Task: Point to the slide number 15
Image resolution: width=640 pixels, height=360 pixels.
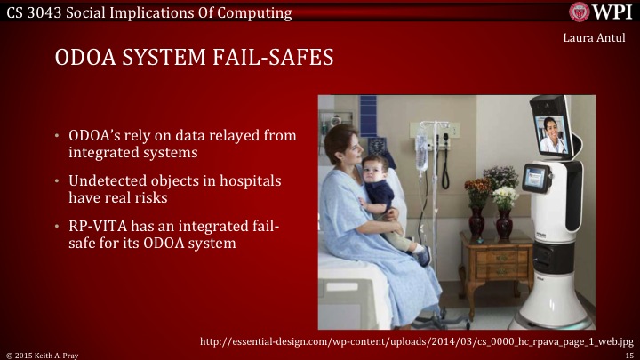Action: (x=628, y=354)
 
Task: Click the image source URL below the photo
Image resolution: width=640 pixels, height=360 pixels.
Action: (x=416, y=340)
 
